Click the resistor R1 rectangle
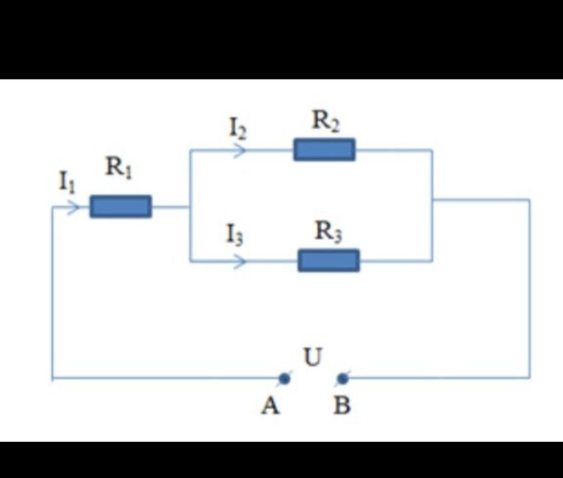120,206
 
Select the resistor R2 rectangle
324,149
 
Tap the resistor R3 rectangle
329,260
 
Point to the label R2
325,120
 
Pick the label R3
328,232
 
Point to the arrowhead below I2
239,150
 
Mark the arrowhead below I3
239,261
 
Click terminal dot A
284,378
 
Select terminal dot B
343,378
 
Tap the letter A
271,406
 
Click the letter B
342,406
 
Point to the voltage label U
313,357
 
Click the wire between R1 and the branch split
170,207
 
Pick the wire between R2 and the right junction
393,149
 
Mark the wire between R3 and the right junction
396,261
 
